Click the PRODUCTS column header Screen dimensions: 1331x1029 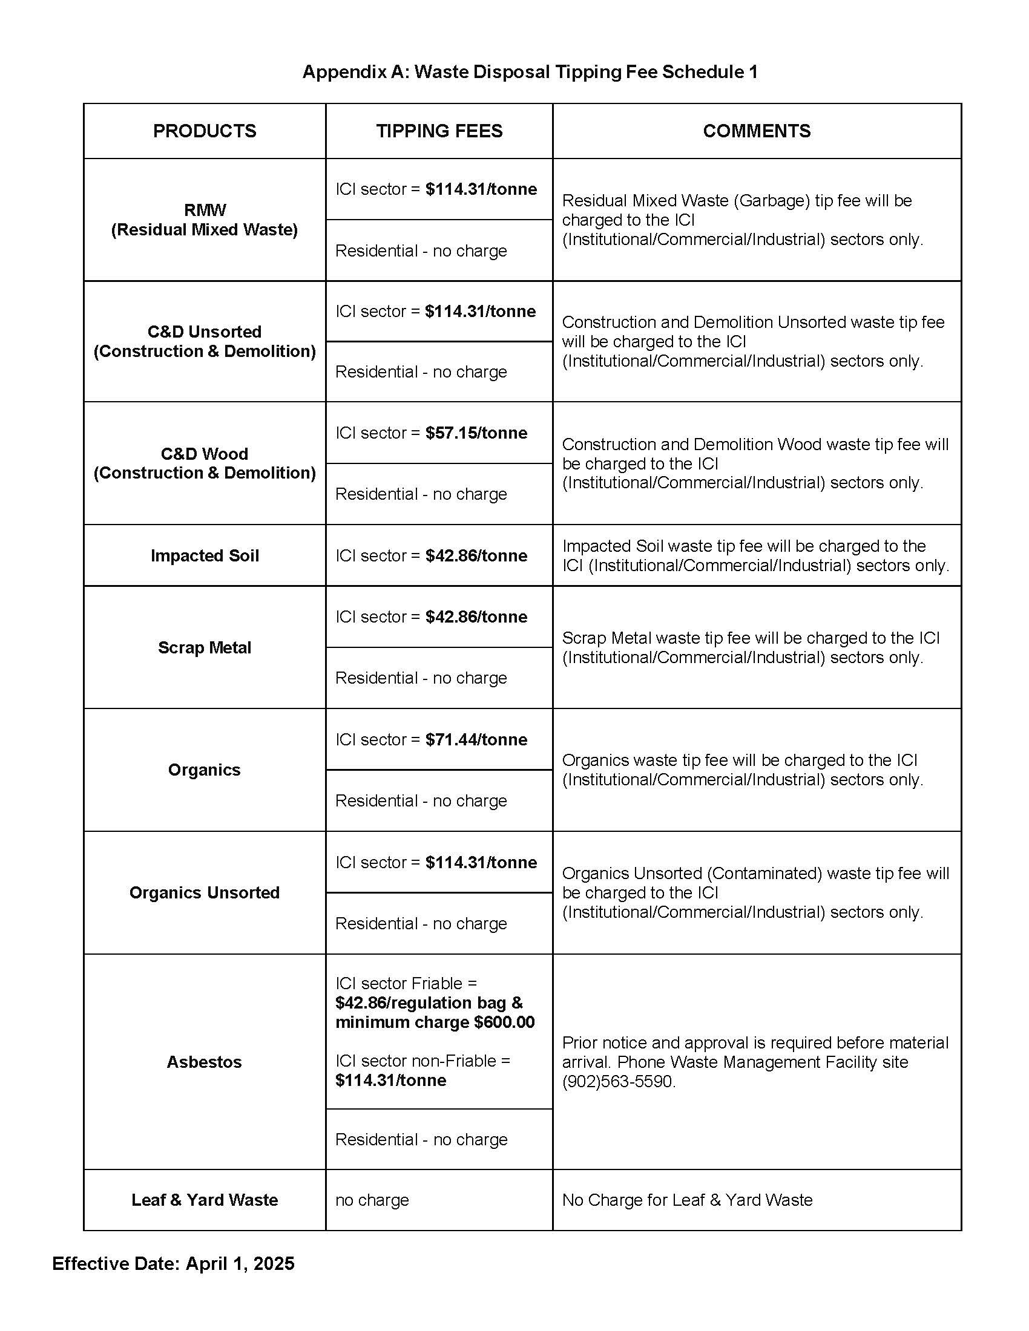[204, 131]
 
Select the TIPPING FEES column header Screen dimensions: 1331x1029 [439, 131]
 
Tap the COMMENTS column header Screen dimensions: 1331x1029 [757, 131]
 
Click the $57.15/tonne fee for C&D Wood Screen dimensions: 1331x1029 [476, 433]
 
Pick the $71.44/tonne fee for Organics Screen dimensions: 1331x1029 [476, 739]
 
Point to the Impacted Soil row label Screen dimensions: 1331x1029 [204, 556]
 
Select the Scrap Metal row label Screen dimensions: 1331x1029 [204, 647]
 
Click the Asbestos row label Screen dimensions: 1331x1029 [204, 1062]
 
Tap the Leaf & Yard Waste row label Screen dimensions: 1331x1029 [204, 1199]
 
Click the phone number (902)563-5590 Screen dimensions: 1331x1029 [618, 1081]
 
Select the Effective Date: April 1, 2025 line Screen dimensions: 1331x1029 [173, 1263]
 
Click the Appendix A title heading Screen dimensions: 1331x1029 [530, 72]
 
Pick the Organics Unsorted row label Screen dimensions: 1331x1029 [204, 892]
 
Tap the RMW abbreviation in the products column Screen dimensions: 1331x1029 [204, 211]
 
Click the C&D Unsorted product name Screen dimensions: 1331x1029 [204, 332]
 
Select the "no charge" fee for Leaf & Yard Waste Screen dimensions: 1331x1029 [372, 1199]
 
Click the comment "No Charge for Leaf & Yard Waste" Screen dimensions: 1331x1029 [687, 1199]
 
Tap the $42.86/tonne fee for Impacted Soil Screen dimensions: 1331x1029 [476, 556]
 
